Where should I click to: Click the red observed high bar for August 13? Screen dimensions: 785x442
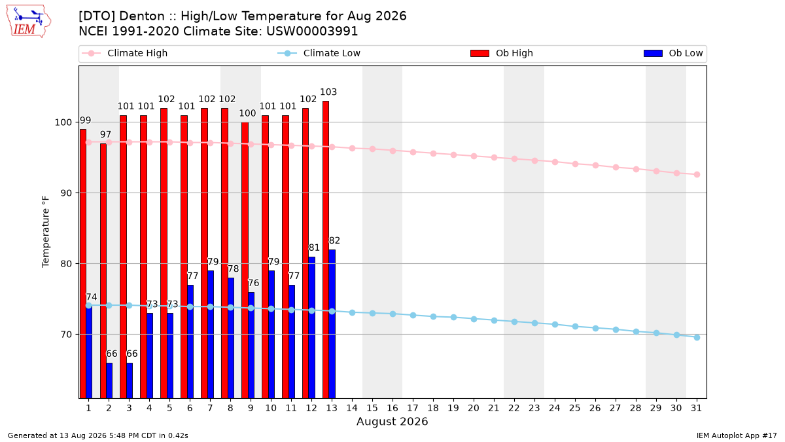(326, 249)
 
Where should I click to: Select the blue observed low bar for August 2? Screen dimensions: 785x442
(109, 380)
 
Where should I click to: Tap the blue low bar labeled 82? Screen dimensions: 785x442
(332, 323)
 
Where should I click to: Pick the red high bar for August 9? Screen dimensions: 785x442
(245, 261)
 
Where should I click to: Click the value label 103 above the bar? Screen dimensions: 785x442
(328, 92)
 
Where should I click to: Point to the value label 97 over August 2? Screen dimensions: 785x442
(105, 134)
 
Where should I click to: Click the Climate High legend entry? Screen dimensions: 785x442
(125, 53)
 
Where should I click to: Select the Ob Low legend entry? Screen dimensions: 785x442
(673, 53)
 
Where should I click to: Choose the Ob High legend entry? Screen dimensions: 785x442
(502, 53)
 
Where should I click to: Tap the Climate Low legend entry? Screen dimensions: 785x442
(319, 53)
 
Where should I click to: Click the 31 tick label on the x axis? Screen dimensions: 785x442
(696, 408)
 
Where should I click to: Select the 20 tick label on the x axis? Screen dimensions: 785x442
(474, 408)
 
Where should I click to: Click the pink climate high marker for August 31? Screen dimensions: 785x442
(697, 174)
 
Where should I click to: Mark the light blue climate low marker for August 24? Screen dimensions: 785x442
(555, 325)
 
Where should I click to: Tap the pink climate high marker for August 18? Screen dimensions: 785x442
(433, 153)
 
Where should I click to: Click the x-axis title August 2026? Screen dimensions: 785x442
(392, 421)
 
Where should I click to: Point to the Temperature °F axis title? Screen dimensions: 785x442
(46, 232)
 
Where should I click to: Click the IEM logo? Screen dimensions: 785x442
(28, 22)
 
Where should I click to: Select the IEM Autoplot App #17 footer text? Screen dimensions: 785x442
(737, 435)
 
